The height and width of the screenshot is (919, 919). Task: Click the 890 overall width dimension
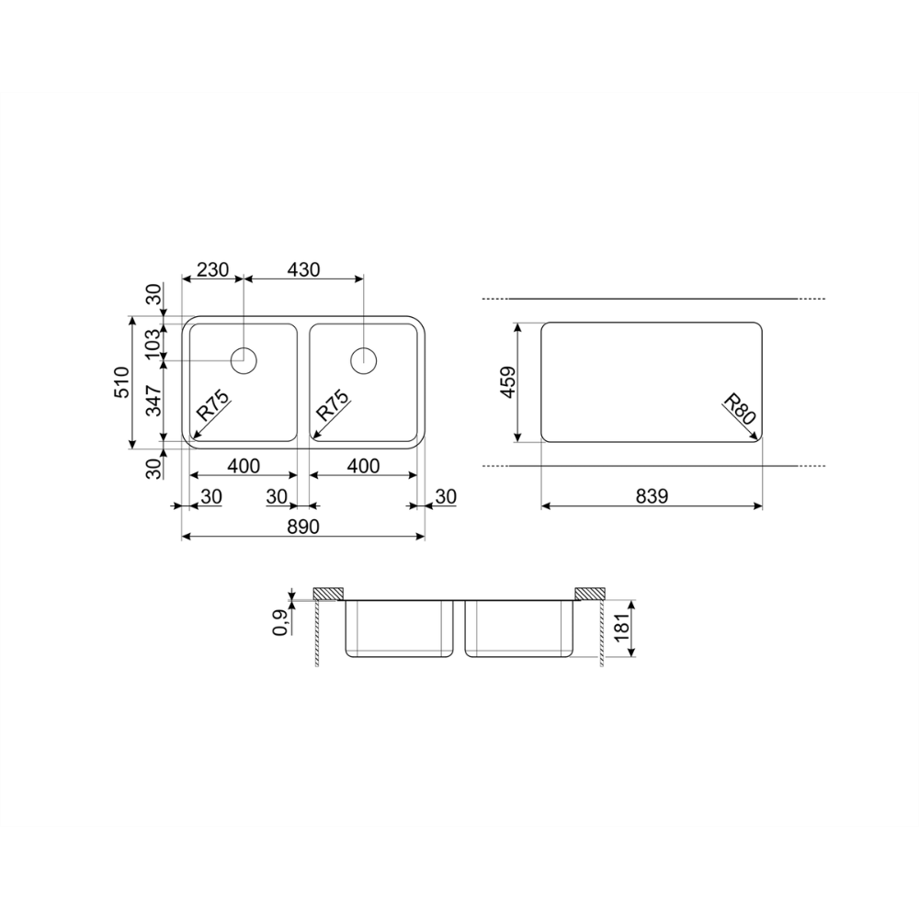[x=303, y=527]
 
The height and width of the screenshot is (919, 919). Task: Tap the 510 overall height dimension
[x=122, y=382]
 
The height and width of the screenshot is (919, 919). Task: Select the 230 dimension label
[x=212, y=269]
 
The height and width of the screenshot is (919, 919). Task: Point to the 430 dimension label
[x=303, y=269]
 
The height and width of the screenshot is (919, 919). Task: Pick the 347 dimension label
[x=153, y=401]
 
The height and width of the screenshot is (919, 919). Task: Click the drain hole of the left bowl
[x=244, y=360]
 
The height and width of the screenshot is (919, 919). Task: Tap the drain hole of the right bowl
[x=363, y=360]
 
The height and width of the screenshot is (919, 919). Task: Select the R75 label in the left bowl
[x=211, y=405]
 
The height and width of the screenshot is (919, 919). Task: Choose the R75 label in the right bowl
[x=332, y=405]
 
